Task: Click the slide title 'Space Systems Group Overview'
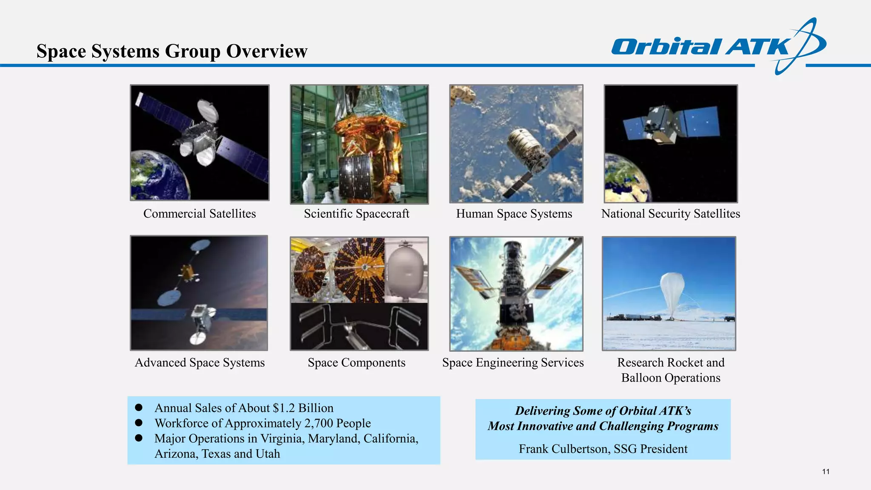click(x=172, y=51)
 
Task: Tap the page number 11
click(x=825, y=471)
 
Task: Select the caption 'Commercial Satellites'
click(x=199, y=214)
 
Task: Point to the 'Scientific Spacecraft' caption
click(x=356, y=214)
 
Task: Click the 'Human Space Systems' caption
click(x=514, y=214)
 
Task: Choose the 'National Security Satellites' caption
click(x=670, y=214)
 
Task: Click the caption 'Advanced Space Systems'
click(x=199, y=362)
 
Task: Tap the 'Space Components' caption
click(x=356, y=362)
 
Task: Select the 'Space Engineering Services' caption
click(x=512, y=362)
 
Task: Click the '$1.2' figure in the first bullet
click(x=284, y=408)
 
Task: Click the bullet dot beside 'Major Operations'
click(x=139, y=438)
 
